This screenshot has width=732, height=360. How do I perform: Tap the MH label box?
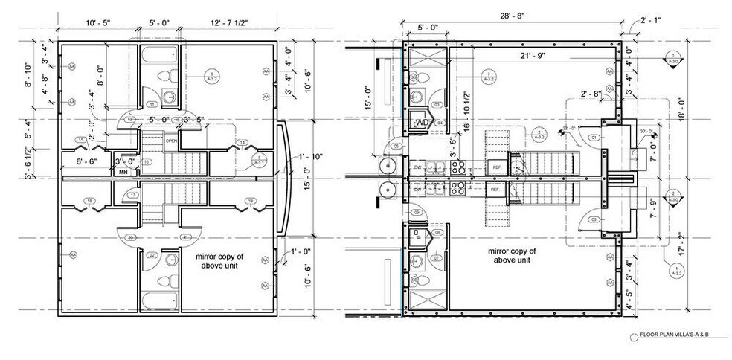tap(123, 172)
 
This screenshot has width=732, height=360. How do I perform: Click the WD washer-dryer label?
tap(420, 122)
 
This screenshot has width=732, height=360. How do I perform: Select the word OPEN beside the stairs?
tap(170, 141)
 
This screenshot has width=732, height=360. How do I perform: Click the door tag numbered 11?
tap(152, 104)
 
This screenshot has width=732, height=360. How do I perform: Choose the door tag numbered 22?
tap(152, 255)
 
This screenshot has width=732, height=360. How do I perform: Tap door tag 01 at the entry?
tap(594, 138)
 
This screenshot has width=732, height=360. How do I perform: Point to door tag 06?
tap(594, 219)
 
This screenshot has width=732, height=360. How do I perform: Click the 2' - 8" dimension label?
tap(591, 94)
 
